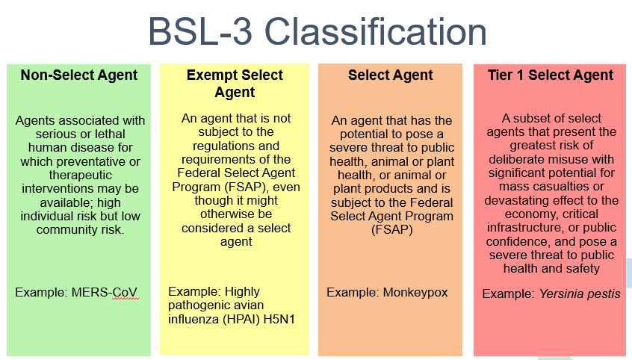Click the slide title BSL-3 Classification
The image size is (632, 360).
click(x=317, y=32)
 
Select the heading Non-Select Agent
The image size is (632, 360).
click(x=79, y=75)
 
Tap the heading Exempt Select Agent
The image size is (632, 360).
click(x=235, y=84)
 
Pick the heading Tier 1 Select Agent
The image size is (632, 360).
click(x=550, y=75)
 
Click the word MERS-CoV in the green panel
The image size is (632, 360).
click(x=105, y=292)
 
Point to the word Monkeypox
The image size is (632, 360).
click(x=415, y=292)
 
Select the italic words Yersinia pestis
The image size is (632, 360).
click(x=580, y=294)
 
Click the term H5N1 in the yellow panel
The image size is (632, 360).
click(x=279, y=319)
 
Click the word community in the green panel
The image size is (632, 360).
click(x=67, y=230)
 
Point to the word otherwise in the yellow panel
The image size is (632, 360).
click(x=236, y=214)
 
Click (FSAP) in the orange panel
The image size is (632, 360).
click(x=391, y=230)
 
